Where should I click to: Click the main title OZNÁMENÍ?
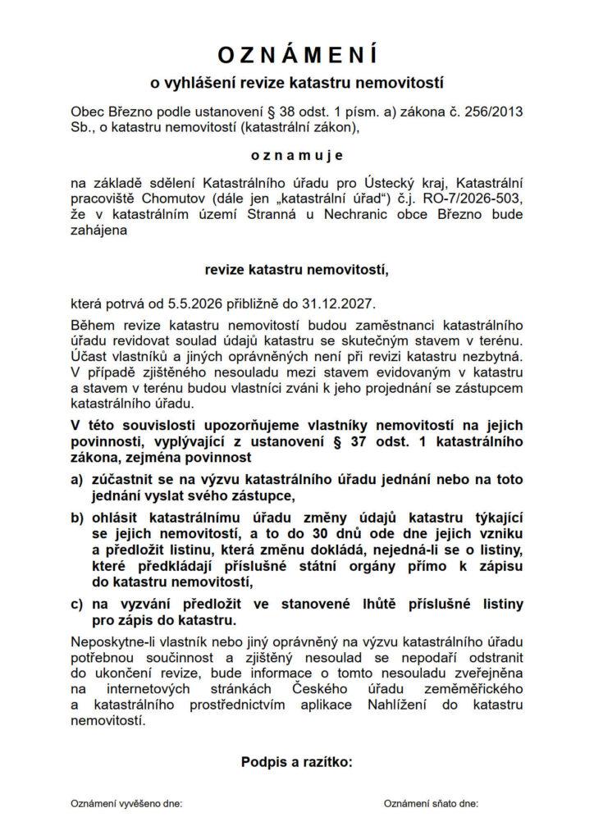click(297, 55)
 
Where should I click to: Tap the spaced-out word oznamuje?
click(297, 155)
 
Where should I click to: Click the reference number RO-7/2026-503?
click(467, 199)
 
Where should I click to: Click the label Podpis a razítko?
click(297, 762)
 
